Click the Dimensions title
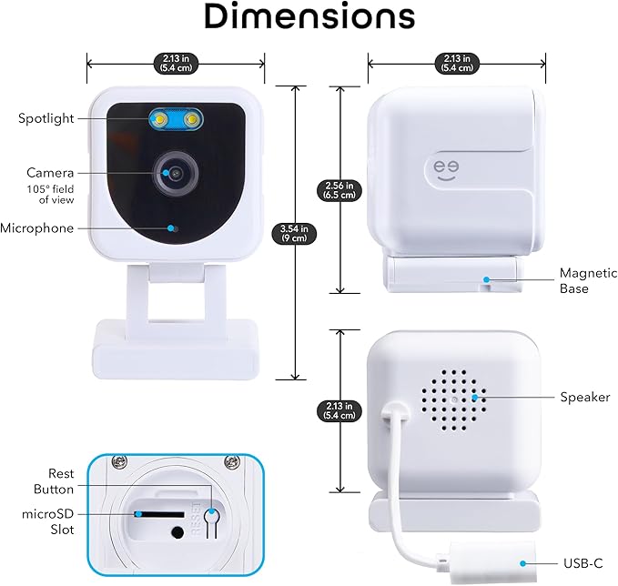pos(309,17)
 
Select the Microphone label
pos(37,228)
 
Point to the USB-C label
pos(584,565)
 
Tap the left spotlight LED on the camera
pos(159,118)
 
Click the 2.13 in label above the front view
pos(176,63)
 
